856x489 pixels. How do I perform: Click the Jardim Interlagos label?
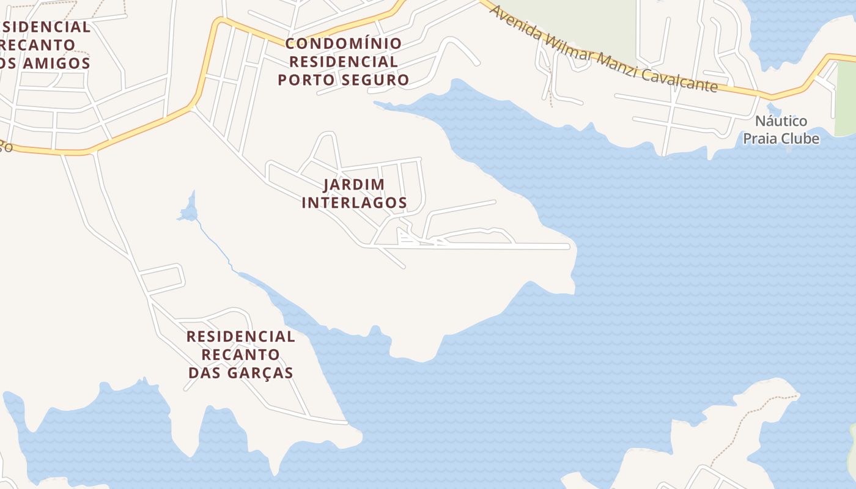tap(354, 193)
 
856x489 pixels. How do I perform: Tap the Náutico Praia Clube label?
tap(781, 130)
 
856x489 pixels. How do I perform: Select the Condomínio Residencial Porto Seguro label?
tap(343, 62)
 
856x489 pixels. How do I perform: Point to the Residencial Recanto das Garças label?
tap(240, 355)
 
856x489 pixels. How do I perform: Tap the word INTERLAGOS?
tap(354, 202)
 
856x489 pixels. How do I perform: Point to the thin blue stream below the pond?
tap(215, 244)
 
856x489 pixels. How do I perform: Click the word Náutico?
tap(781, 121)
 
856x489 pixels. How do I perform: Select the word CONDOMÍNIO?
tap(343, 44)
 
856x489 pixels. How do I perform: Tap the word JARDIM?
tap(354, 184)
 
